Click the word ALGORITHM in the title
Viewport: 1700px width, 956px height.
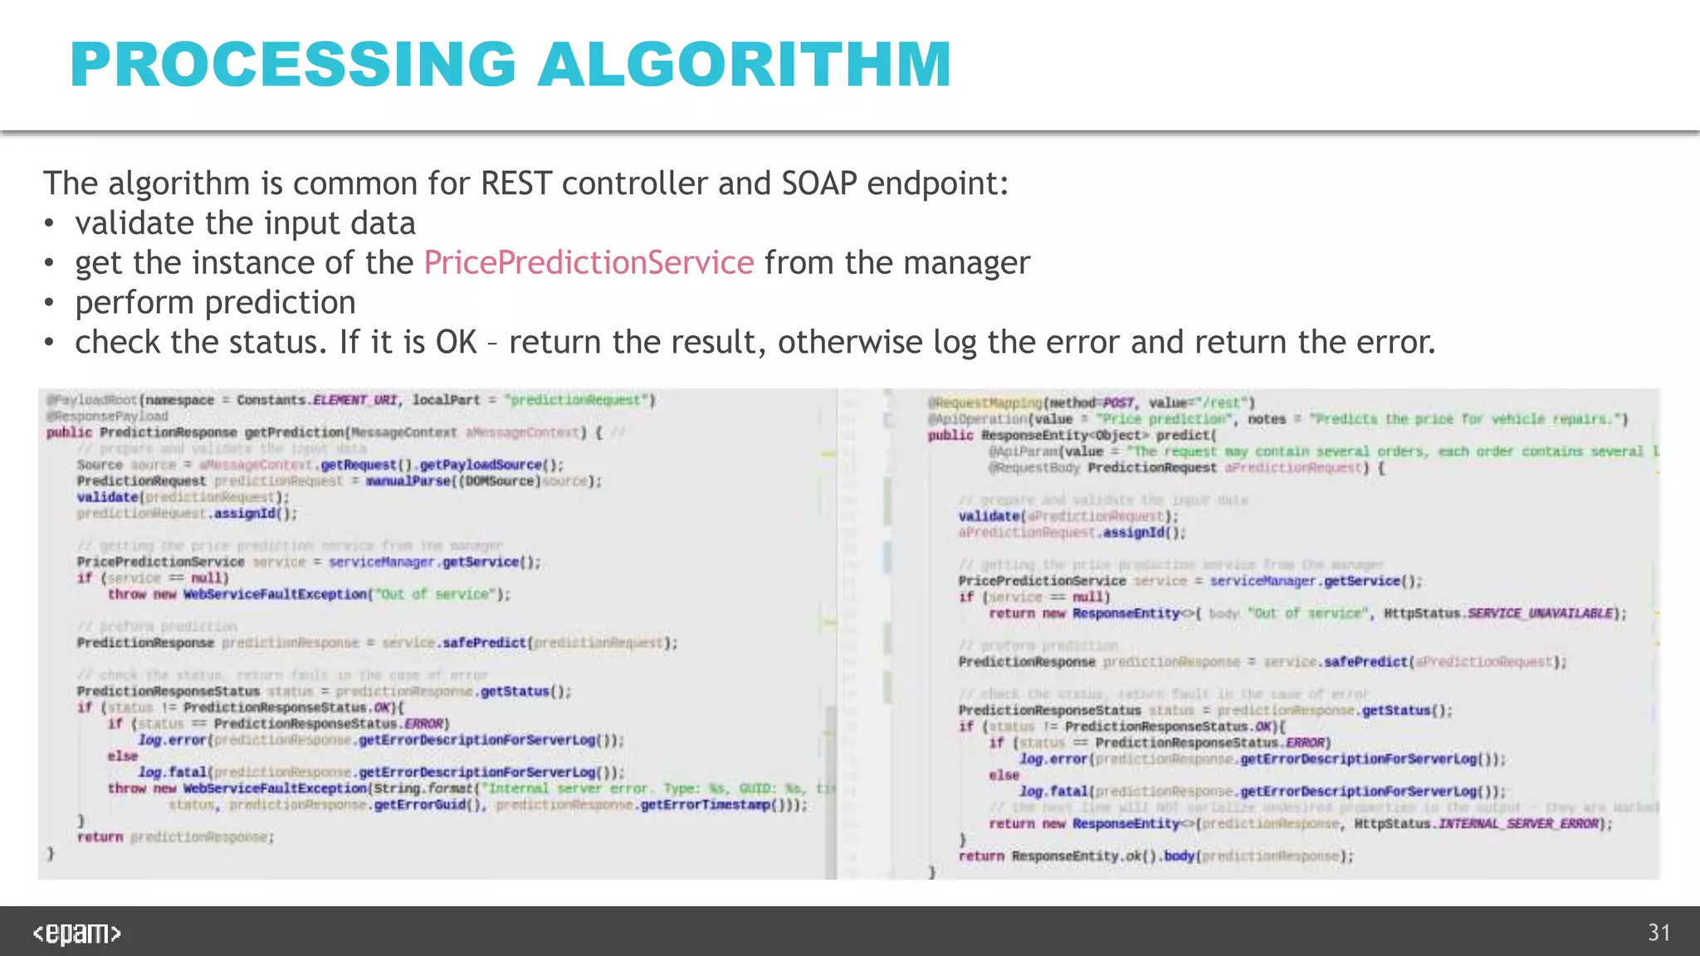[x=745, y=65]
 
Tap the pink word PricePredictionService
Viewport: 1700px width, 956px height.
[x=589, y=263]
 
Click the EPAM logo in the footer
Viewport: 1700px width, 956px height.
[x=76, y=934]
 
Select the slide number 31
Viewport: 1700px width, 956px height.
[x=1658, y=933]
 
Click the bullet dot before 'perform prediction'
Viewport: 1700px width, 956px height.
[x=50, y=304]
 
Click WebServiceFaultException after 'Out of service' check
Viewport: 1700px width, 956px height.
[x=275, y=594]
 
